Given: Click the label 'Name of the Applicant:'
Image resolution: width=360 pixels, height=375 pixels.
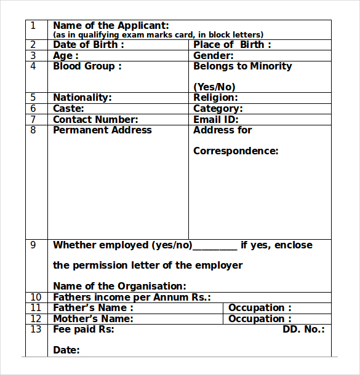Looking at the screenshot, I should click(x=111, y=26).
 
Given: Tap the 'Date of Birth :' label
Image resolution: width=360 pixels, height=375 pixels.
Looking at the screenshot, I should click(x=89, y=45).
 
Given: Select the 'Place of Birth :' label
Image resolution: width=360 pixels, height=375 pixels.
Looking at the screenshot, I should click(x=232, y=45).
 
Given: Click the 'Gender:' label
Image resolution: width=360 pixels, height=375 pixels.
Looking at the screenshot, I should click(x=214, y=56).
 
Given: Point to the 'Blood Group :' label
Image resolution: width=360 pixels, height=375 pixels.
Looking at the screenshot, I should click(x=87, y=66).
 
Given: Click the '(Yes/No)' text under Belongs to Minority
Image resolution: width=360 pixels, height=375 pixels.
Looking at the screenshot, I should click(x=214, y=87).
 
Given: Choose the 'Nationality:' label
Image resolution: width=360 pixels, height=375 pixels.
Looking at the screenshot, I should click(x=82, y=98).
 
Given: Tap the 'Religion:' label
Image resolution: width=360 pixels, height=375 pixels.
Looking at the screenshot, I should click(x=215, y=98).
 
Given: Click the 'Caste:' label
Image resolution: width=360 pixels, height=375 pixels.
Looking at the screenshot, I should click(x=69, y=109).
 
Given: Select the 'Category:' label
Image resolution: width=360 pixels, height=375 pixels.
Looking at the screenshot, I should click(x=218, y=109).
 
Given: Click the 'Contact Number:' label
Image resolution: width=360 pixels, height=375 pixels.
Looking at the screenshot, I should click(x=95, y=120).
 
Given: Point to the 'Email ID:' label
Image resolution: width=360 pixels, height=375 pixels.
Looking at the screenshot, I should click(x=216, y=120).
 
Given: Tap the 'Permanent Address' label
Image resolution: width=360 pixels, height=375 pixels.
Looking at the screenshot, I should click(x=102, y=130).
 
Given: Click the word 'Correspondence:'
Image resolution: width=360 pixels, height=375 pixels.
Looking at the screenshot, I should click(x=236, y=151).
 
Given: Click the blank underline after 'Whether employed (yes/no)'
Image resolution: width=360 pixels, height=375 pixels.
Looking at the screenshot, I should click(x=215, y=247).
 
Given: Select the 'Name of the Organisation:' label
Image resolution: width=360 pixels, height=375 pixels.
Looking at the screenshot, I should click(x=119, y=286).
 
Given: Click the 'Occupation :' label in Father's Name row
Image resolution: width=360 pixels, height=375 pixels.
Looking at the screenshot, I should click(x=260, y=308).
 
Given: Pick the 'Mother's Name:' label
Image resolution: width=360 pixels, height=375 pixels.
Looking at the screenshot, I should click(x=93, y=319).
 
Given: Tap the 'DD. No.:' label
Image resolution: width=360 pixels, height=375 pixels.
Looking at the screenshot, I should click(x=303, y=330).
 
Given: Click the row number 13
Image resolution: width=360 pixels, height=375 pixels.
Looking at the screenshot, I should click(x=36, y=330).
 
